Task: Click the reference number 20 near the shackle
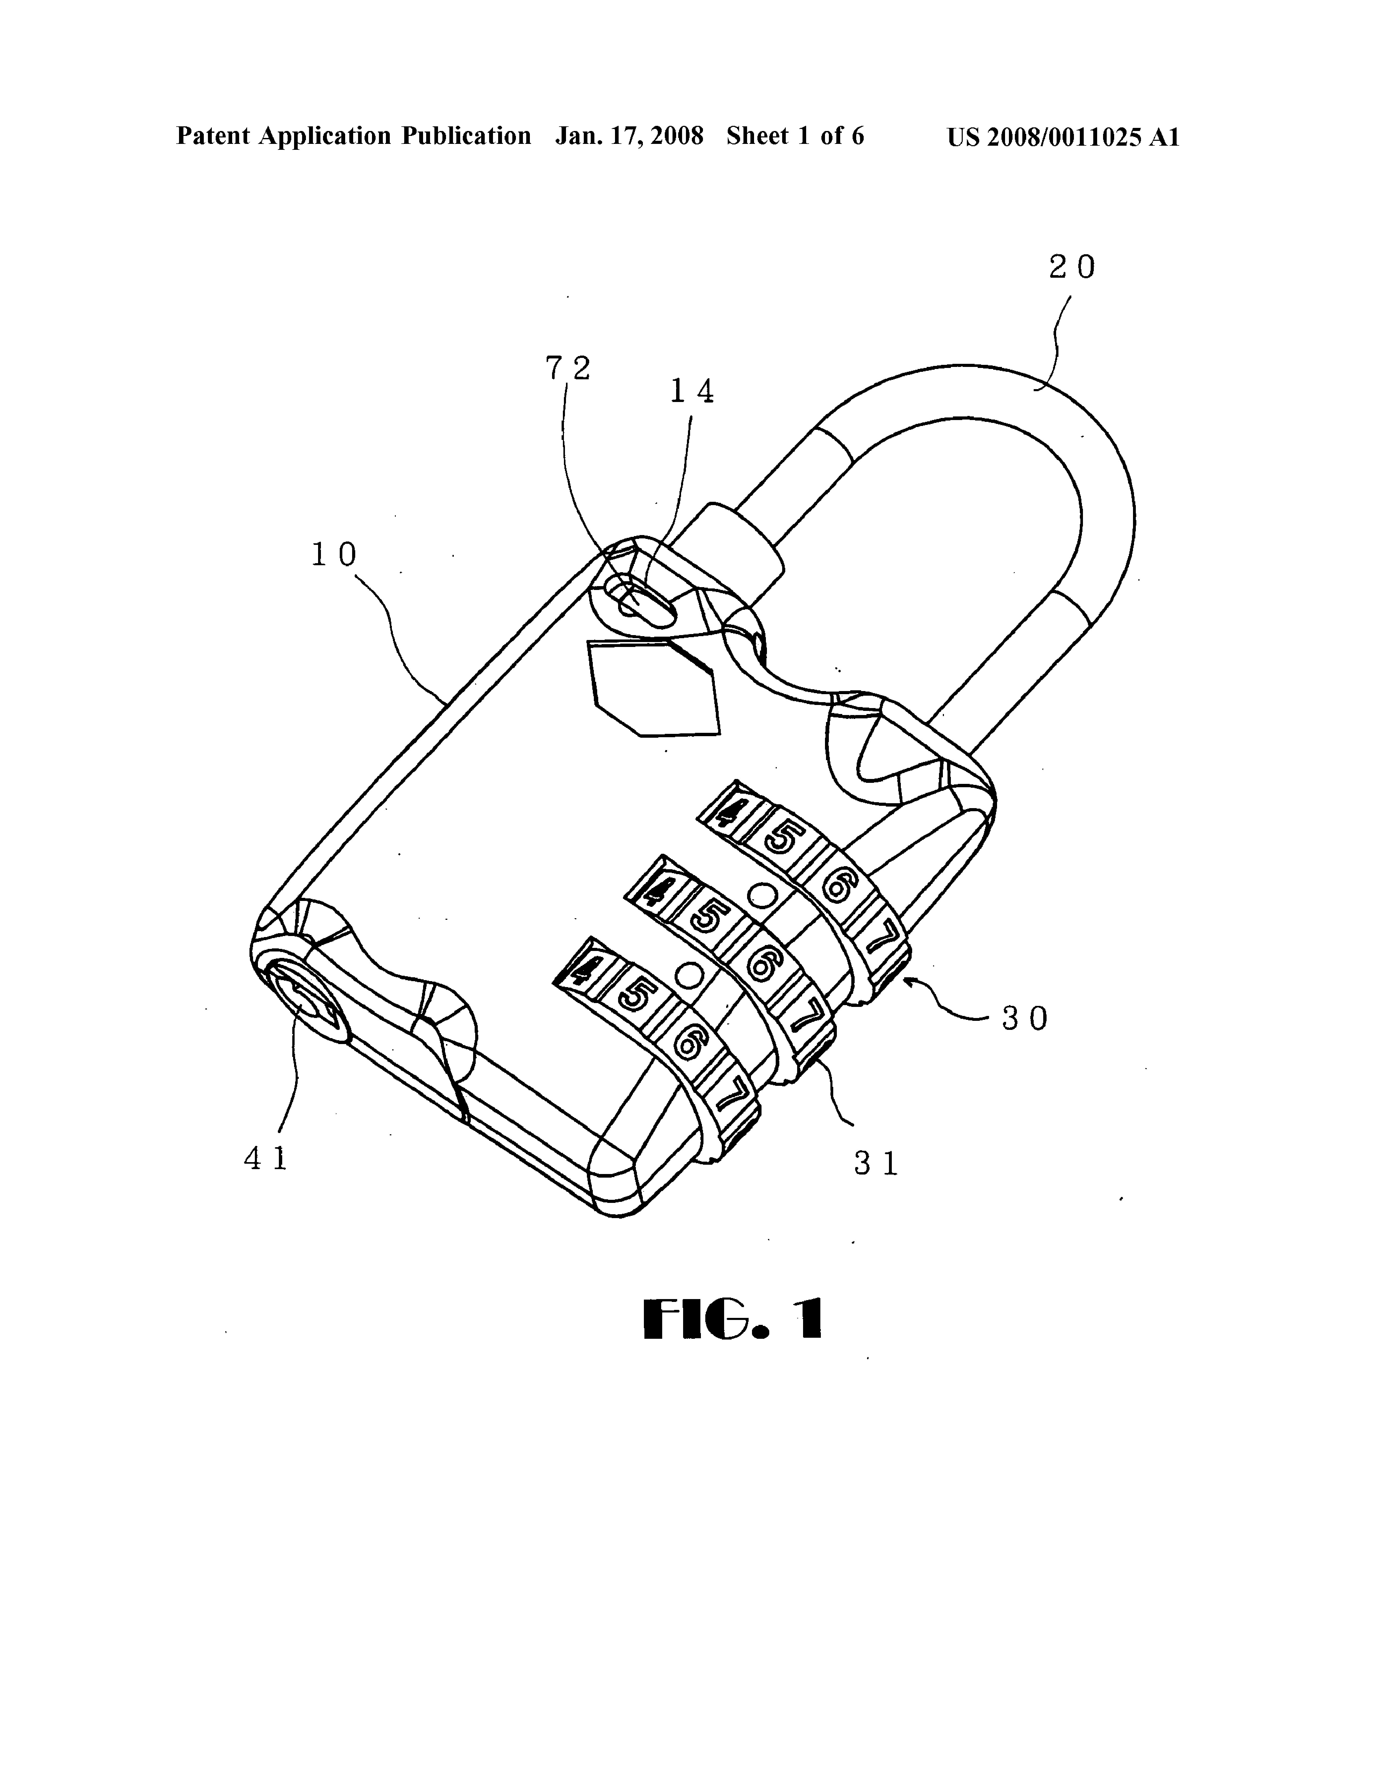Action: click(x=1072, y=267)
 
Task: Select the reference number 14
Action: click(x=691, y=392)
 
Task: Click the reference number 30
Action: click(x=1025, y=1018)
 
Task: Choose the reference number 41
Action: click(x=266, y=1158)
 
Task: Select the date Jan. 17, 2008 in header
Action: click(x=629, y=136)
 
